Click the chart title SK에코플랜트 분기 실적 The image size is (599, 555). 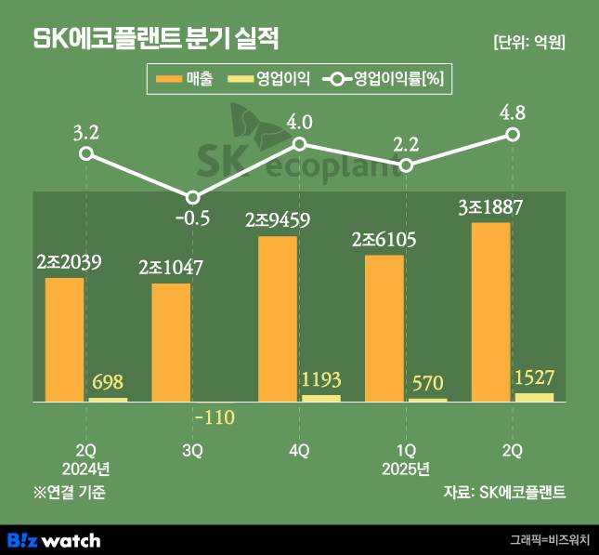click(x=156, y=39)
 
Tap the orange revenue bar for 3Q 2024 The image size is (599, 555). click(x=171, y=342)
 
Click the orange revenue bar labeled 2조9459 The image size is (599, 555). click(x=278, y=319)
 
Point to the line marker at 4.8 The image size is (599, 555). click(x=513, y=135)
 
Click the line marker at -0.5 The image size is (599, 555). click(x=192, y=197)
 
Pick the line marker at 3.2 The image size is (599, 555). click(x=85, y=152)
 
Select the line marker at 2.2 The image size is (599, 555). click(x=406, y=165)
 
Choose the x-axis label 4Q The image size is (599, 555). click(x=299, y=450)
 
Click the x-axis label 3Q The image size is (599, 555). click(x=192, y=450)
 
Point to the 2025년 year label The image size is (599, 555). click(x=406, y=467)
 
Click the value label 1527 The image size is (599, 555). click(x=534, y=379)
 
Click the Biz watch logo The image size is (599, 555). click(x=54, y=539)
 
